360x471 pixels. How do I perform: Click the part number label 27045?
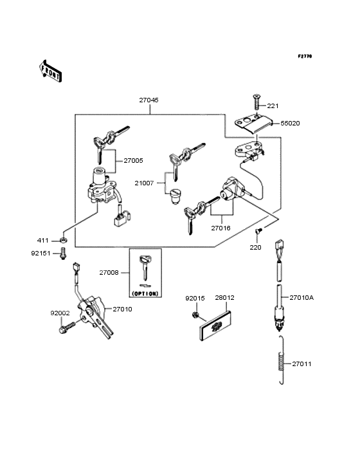148,100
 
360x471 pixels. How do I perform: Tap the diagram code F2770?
304,57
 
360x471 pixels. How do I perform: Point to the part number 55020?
289,122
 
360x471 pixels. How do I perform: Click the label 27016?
221,227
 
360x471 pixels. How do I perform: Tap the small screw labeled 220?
258,232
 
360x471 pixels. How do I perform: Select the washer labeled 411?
64,240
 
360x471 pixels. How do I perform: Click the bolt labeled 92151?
64,255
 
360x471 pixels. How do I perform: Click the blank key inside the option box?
145,268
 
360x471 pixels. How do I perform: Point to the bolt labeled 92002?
65,328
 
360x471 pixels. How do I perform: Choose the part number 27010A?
301,298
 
